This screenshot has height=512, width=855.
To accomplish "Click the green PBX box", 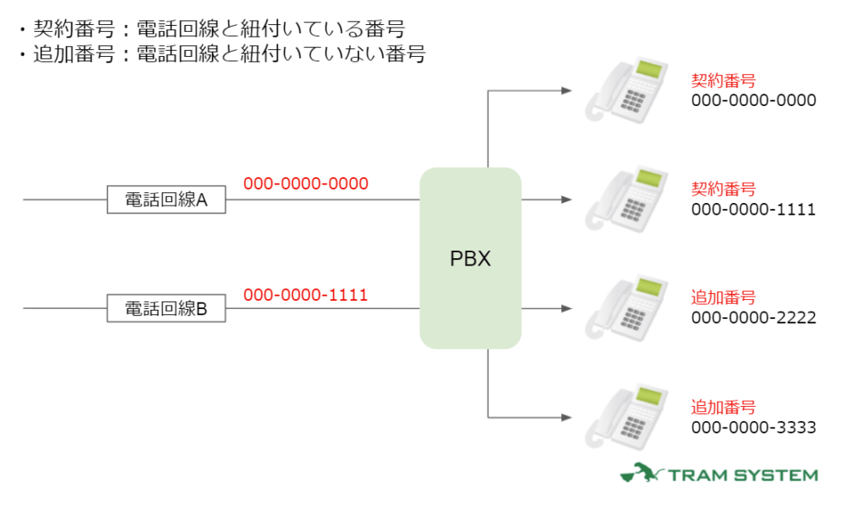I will [470, 258].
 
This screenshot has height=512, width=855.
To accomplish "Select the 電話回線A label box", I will [166, 200].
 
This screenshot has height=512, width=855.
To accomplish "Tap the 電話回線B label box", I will [166, 308].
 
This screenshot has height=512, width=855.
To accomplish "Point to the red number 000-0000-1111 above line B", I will [306, 295].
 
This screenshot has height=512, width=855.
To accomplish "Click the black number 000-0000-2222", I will [753, 318].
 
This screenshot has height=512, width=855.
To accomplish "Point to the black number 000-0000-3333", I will [753, 428].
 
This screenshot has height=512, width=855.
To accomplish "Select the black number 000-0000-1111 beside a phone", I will [753, 210].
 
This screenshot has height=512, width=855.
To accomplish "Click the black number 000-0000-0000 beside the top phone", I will [753, 101].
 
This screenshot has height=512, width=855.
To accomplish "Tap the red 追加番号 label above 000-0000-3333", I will [723, 408].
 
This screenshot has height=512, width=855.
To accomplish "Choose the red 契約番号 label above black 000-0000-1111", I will [723, 190].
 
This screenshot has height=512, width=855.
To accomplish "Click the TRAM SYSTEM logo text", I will [741, 475].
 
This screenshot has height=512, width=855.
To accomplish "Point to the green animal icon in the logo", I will [640, 474].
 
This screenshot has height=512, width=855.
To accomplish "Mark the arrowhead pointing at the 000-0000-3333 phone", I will [567, 417].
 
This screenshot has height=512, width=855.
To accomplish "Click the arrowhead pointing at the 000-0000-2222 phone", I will [567, 308].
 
